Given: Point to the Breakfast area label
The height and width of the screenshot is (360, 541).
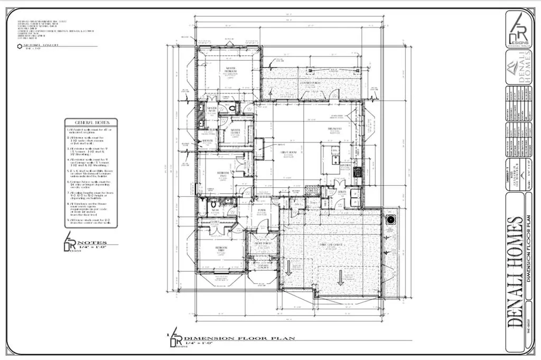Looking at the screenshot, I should (334, 128).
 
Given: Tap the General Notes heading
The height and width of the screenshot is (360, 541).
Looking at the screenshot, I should (91, 122).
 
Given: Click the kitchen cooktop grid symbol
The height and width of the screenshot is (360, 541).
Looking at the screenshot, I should (358, 172).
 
